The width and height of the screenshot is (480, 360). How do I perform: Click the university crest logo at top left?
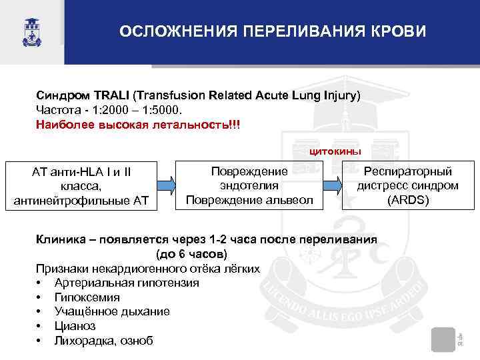(31, 31)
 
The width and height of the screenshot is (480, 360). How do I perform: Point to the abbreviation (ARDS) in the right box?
(407, 199)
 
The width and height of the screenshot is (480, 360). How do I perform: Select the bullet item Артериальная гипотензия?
(126, 283)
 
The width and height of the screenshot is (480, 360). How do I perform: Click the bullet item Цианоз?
(75, 326)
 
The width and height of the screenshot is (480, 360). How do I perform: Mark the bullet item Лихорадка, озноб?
(103, 341)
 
